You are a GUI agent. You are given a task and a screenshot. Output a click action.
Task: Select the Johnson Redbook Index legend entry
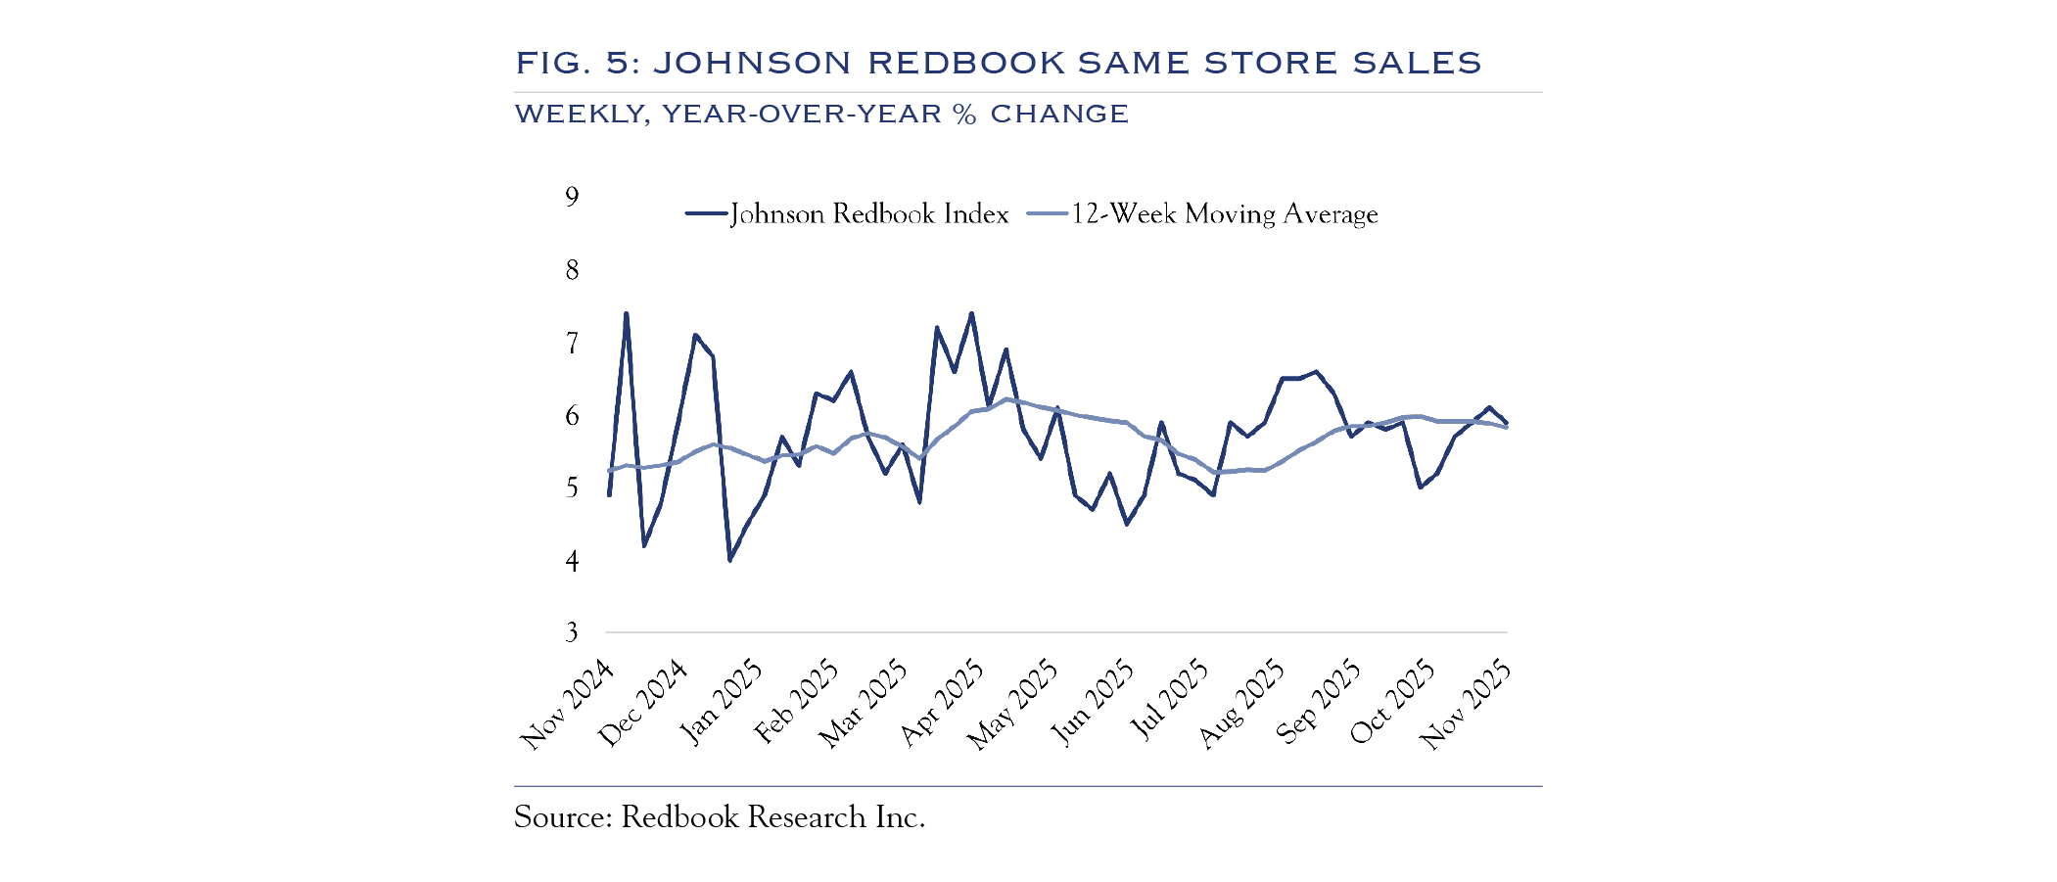point(848,214)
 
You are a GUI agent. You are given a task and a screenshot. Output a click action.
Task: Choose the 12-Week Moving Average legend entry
point(1203,214)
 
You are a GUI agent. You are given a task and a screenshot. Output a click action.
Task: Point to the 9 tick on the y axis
point(572,197)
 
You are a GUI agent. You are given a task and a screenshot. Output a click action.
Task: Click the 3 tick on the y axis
point(572,632)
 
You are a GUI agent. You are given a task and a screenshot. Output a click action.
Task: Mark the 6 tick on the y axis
point(572,415)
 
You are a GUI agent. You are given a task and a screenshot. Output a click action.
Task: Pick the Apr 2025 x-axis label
point(942,703)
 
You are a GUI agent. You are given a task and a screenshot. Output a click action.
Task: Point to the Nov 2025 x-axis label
point(1466,705)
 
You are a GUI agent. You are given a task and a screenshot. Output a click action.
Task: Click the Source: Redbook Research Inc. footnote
point(720,817)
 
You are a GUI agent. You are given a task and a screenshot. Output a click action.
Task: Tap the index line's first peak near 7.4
point(627,314)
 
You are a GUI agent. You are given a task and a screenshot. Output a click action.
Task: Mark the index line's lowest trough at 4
point(729,560)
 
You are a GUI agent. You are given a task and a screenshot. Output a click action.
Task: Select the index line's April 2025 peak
point(971,314)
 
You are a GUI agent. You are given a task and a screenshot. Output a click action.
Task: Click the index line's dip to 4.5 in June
point(1127,524)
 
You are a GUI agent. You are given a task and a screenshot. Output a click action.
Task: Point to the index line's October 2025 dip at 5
point(1420,487)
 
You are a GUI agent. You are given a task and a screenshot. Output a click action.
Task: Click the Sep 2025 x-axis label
point(1319,701)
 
